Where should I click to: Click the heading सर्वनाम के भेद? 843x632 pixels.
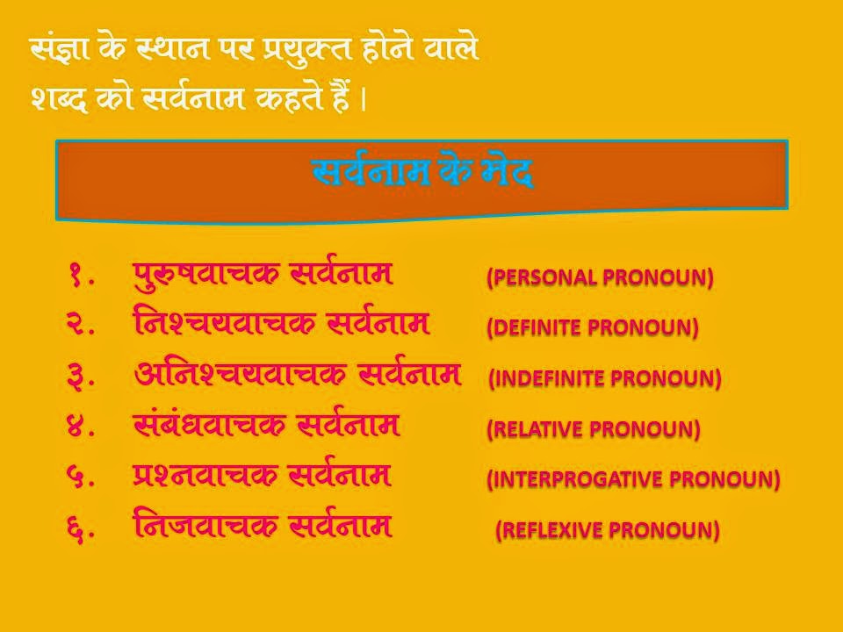point(422,173)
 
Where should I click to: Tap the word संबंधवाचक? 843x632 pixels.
point(206,426)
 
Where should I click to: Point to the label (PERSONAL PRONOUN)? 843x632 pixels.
point(600,278)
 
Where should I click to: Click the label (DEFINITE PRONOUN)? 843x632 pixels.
point(593,328)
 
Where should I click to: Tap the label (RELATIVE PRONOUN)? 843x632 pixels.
point(594,430)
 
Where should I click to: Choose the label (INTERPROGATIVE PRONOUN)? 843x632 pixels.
point(633,480)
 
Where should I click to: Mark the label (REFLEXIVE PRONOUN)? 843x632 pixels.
point(608,530)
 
